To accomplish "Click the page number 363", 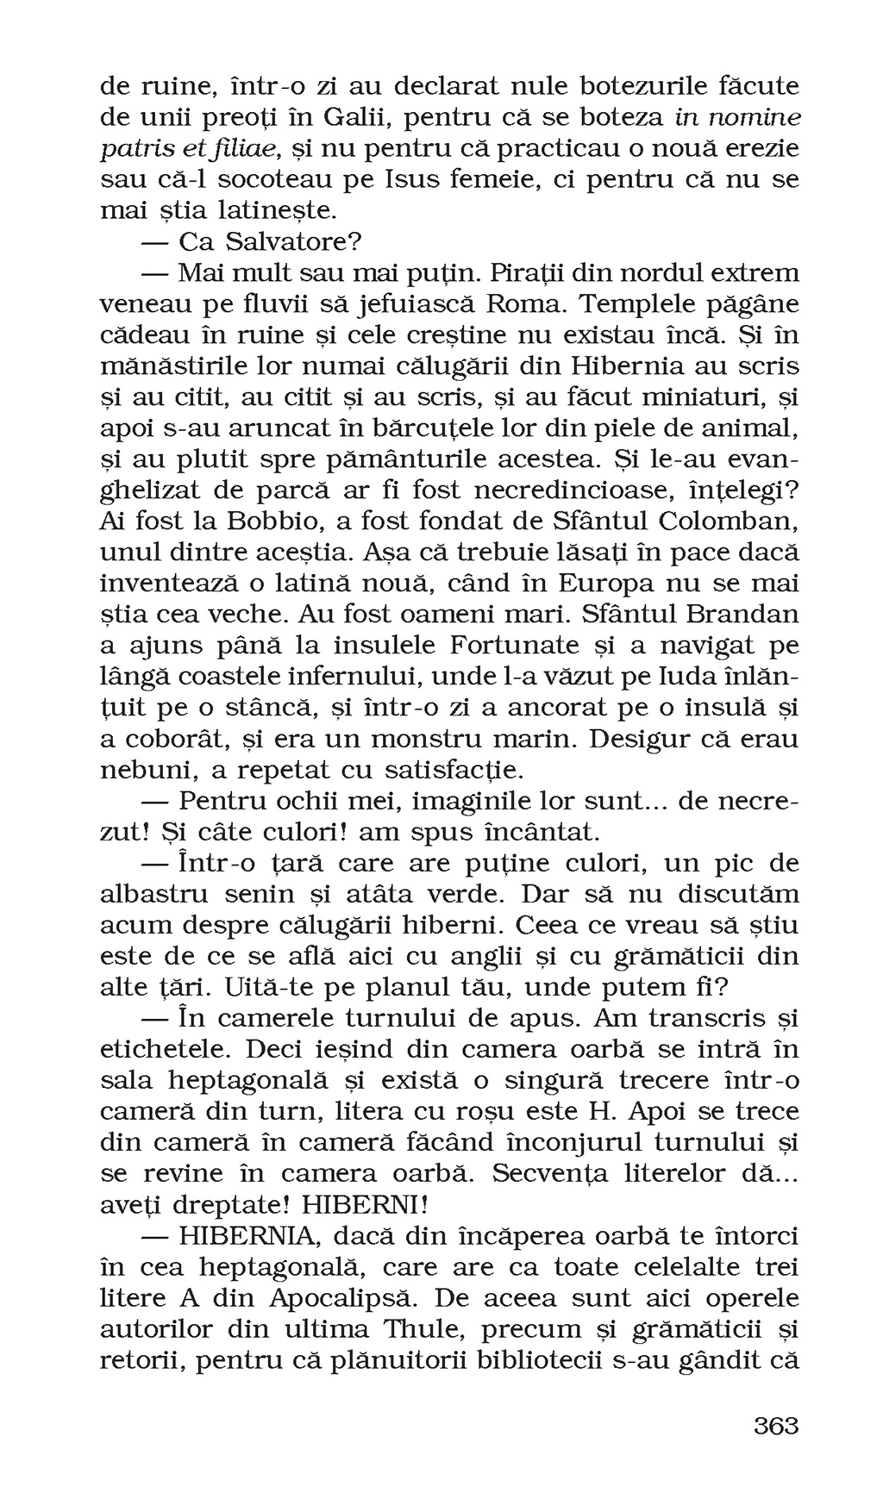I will click(x=776, y=1426).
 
